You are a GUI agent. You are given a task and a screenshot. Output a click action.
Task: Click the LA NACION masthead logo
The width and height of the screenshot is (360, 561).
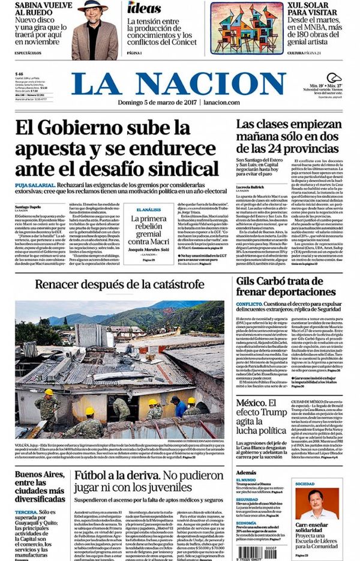(x=180, y=84)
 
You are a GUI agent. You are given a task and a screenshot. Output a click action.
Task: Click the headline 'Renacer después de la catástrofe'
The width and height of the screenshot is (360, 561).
(x=120, y=284)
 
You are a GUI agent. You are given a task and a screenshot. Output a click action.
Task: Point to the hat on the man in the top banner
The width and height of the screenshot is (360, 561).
(x=94, y=5)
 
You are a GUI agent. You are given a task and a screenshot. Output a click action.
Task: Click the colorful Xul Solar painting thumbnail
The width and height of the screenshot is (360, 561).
(x=247, y=27)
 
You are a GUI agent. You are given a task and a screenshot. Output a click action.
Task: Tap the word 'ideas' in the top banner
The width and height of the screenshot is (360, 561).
(x=144, y=8)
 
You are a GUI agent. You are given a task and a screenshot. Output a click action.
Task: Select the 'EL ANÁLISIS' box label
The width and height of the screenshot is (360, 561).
(x=147, y=209)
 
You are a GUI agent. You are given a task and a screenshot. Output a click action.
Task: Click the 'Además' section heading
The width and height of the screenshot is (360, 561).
(x=246, y=472)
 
